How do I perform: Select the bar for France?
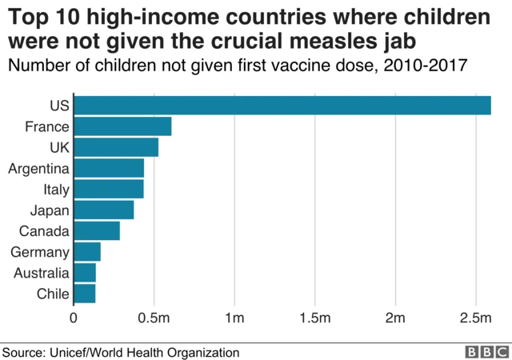click(122, 126)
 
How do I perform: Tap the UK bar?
click(116, 147)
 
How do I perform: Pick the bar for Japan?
click(104, 210)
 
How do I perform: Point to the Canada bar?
click(97, 231)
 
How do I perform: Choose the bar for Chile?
click(85, 294)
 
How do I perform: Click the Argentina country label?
click(38, 168)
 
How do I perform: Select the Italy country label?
click(56, 190)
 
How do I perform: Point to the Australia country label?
click(41, 273)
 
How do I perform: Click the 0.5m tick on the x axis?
click(154, 319)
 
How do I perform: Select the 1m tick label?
click(234, 319)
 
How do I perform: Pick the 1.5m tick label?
click(314, 319)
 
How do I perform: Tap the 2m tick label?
click(395, 319)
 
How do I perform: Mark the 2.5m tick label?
click(475, 319)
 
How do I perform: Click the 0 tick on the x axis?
click(74, 319)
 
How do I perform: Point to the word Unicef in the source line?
click(71, 351)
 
